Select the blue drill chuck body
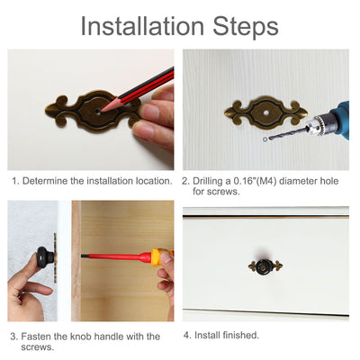point(337,120)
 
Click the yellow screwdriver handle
point(159,257)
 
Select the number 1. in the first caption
point(15,181)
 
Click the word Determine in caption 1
point(46,181)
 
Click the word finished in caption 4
point(238,336)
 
